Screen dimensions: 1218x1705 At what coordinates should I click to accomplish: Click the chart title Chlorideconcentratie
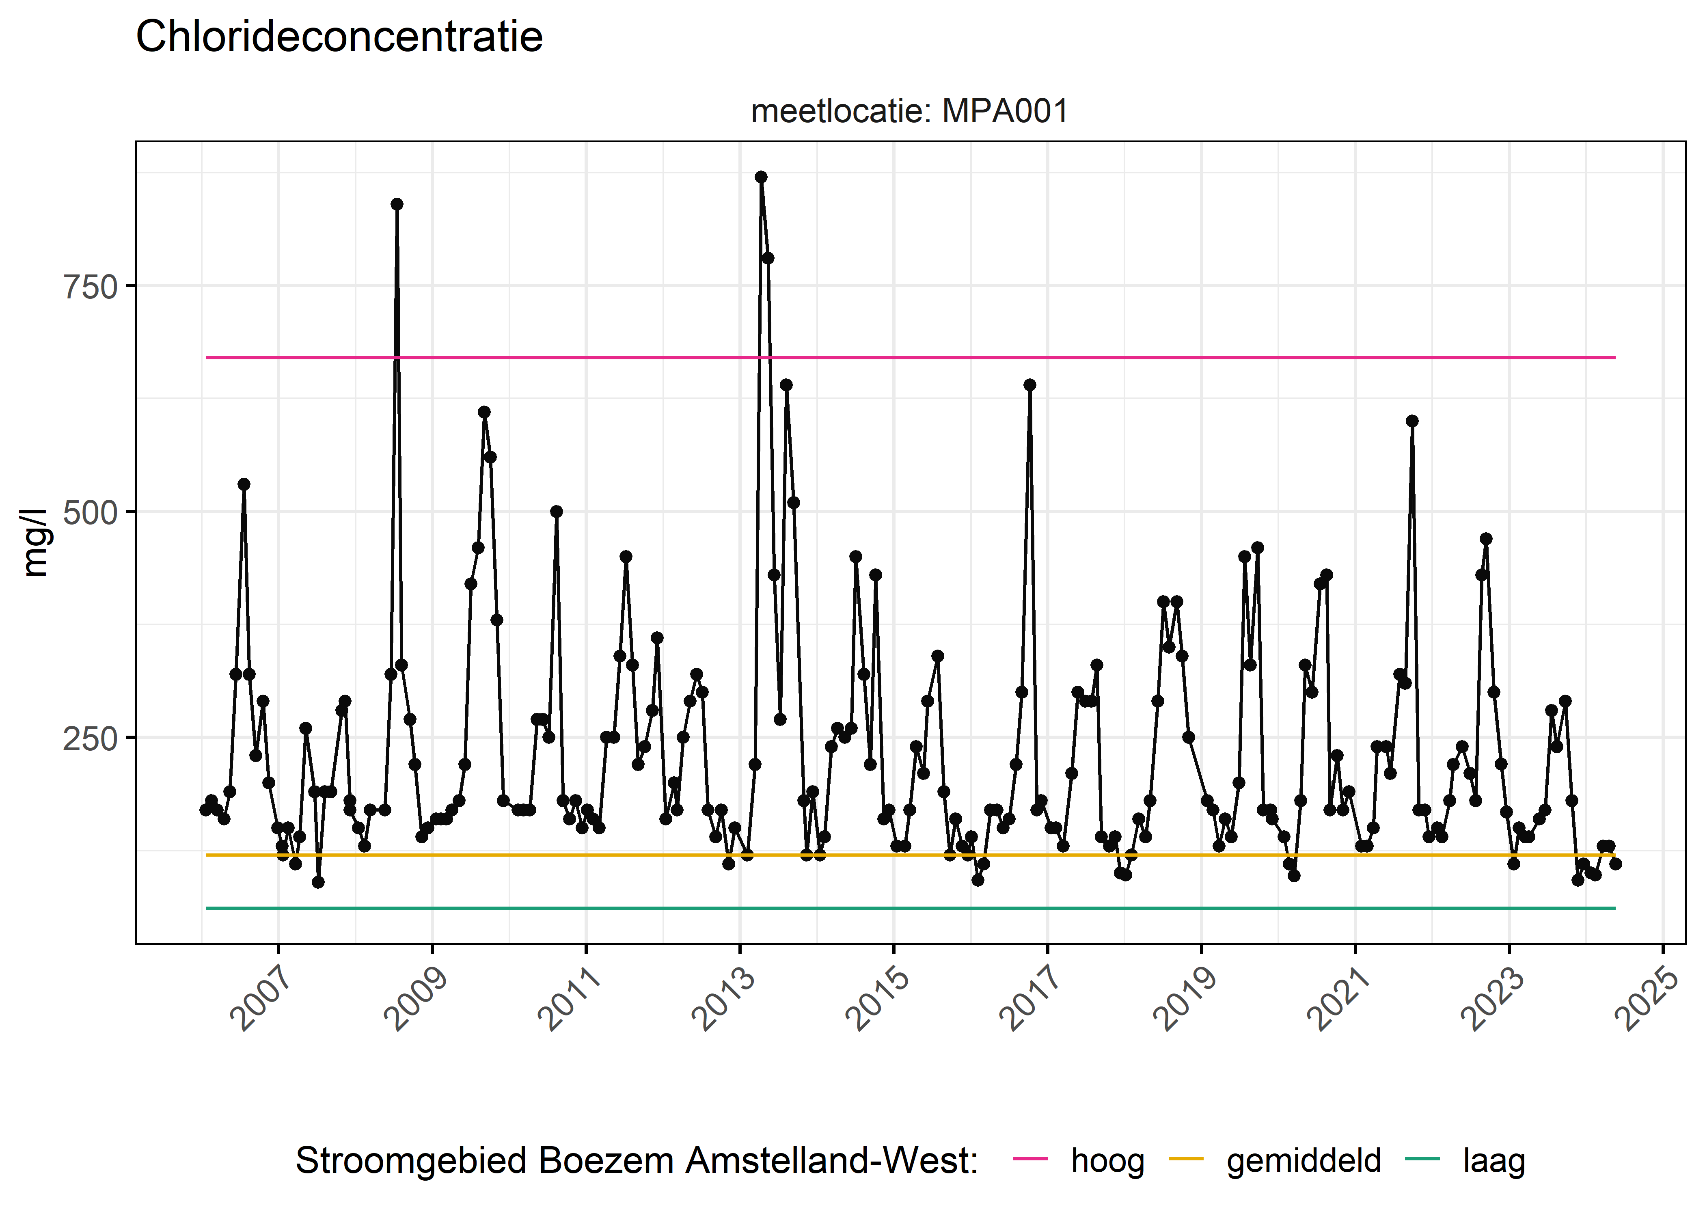(x=339, y=37)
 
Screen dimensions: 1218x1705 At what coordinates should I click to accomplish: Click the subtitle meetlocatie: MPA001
(x=909, y=111)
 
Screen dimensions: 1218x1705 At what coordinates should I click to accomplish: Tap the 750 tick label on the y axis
(x=90, y=287)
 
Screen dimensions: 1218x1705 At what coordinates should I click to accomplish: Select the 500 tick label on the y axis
(x=90, y=513)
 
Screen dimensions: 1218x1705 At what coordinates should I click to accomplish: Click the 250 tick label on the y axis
(x=90, y=739)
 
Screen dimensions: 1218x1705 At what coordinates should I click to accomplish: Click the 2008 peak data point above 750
(x=397, y=204)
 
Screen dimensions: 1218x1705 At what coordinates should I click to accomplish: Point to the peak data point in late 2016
(x=1029, y=385)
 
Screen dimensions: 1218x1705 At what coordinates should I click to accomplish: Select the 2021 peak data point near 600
(x=1412, y=421)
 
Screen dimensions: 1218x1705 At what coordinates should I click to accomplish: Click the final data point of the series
(x=1615, y=864)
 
